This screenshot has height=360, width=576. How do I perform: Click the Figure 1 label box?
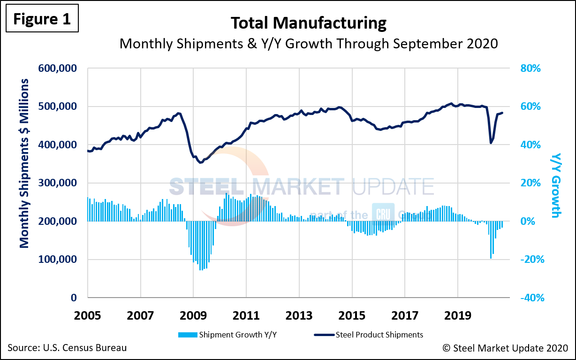(x=41, y=18)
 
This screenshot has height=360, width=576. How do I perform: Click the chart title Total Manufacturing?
(x=308, y=23)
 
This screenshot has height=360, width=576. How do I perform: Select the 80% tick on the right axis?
(x=531, y=69)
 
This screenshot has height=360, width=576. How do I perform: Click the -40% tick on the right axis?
(x=531, y=298)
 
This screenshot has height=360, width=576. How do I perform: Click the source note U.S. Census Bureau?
(x=67, y=348)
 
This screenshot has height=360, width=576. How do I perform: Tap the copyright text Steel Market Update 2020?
(x=505, y=348)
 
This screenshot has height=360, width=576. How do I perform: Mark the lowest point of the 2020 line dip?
(x=491, y=143)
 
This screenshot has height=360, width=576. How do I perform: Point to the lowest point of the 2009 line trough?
(x=201, y=162)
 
